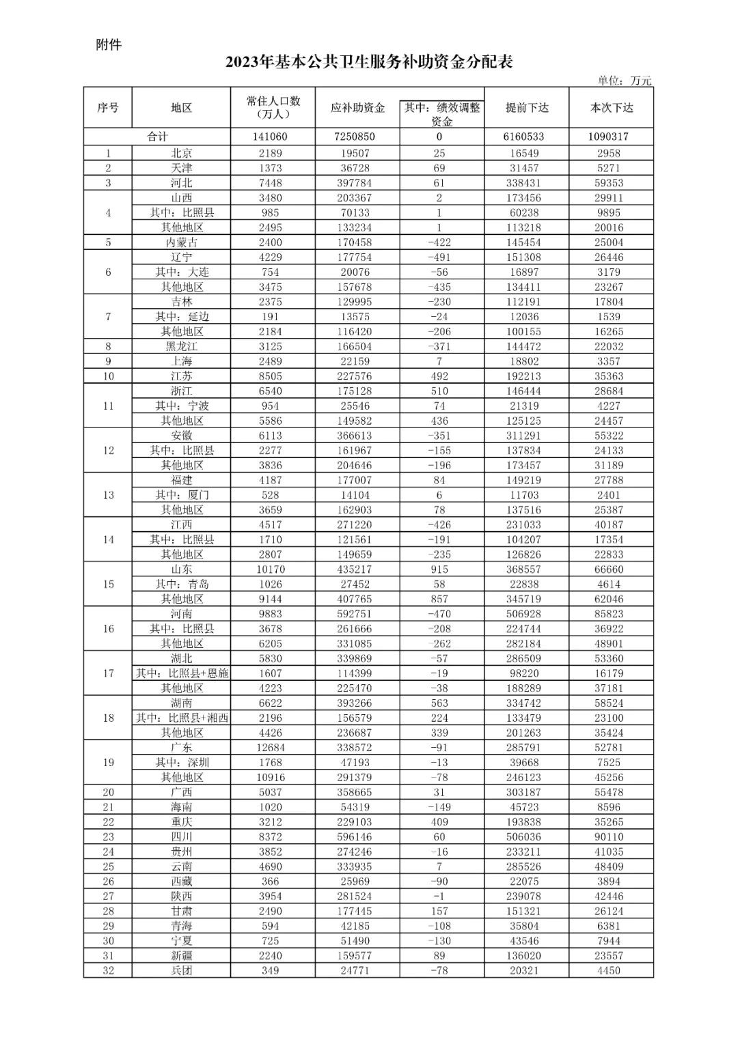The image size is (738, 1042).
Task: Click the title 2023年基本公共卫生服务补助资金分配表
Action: click(x=369, y=63)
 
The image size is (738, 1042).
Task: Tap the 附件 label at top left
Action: click(x=109, y=45)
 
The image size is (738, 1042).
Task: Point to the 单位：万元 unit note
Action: click(x=624, y=81)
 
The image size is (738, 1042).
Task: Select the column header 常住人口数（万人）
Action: click(x=273, y=107)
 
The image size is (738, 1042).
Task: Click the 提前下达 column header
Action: click(x=526, y=107)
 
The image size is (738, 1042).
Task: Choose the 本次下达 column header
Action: click(x=611, y=107)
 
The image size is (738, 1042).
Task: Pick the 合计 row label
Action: click(x=157, y=137)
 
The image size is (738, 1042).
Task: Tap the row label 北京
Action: click(x=182, y=154)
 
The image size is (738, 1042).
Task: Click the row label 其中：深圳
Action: click(x=182, y=763)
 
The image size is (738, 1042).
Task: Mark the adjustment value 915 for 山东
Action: click(x=439, y=569)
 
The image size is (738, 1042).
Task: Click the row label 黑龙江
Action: click(x=182, y=347)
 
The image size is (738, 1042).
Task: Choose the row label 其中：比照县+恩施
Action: click(x=182, y=673)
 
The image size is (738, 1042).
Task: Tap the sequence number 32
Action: click(x=108, y=970)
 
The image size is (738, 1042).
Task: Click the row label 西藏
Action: click(x=182, y=882)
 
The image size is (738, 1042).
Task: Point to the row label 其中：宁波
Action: click(x=182, y=406)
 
